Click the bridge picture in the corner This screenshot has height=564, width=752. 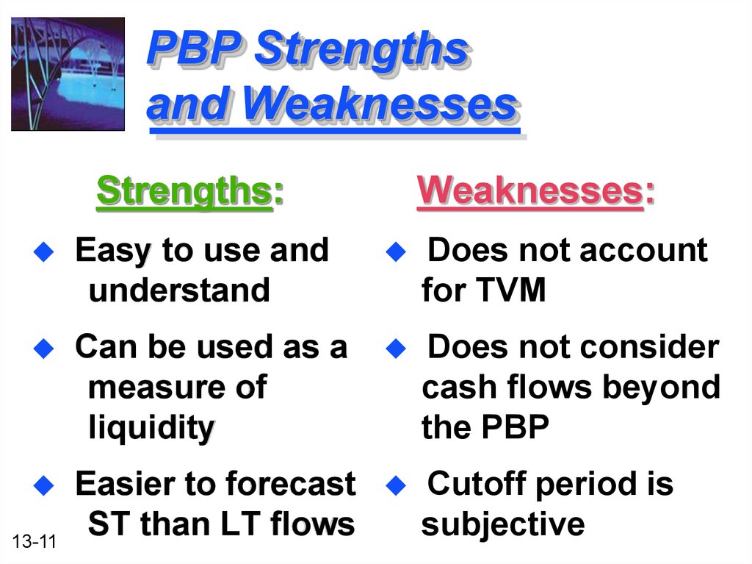tap(68, 74)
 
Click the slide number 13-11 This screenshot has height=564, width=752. tap(34, 541)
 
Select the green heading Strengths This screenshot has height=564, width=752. tap(184, 192)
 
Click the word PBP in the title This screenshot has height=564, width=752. tap(194, 48)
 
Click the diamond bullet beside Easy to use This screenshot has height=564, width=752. tap(43, 251)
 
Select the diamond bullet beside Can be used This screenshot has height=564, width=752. tap(43, 349)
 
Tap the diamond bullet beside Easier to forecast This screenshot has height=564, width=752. tap(43, 485)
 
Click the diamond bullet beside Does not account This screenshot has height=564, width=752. tap(396, 251)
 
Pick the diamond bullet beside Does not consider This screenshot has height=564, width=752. tap(396, 349)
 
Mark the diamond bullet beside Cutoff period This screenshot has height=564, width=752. tap(396, 485)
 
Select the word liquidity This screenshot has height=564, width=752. tap(151, 428)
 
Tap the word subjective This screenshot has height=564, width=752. tap(503, 524)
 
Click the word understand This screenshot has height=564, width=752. tap(179, 290)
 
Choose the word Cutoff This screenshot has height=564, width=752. tap(477, 483)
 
